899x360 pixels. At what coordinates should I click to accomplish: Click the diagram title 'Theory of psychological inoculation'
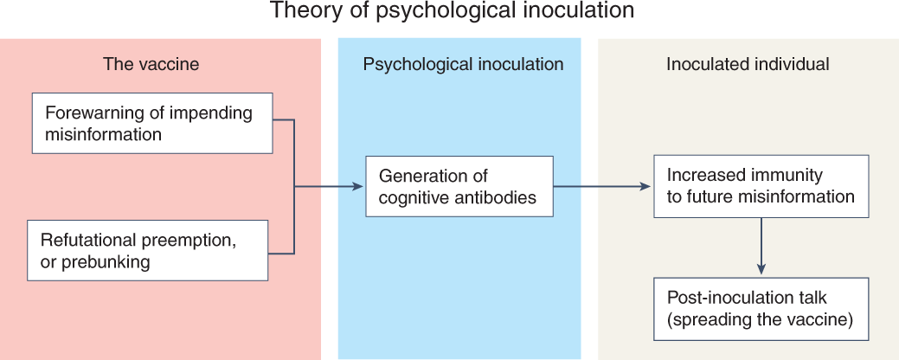(x=453, y=12)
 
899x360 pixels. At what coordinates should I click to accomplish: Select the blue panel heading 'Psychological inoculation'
(x=463, y=65)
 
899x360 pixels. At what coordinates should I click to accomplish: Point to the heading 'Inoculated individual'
(x=748, y=65)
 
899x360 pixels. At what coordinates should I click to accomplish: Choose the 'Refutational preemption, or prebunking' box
(x=147, y=250)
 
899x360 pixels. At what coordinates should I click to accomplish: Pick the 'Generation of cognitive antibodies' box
(x=459, y=187)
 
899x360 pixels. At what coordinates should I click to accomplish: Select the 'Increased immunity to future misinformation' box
(x=761, y=186)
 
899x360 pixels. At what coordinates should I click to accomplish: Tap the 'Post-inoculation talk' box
(x=761, y=308)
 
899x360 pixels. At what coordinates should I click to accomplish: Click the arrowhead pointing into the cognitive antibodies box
(x=356, y=187)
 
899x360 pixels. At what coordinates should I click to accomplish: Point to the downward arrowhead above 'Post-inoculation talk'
(x=761, y=267)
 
